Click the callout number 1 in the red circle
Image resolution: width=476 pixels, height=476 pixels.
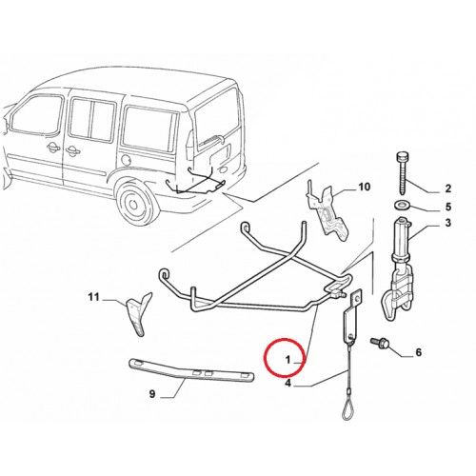coord(288,360)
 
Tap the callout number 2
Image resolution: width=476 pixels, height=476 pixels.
coord(447,188)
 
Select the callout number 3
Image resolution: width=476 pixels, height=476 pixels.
coord(447,223)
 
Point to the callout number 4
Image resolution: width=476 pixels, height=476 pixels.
coord(288,384)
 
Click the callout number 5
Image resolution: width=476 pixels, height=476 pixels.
coord(447,207)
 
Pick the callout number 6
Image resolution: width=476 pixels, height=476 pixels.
coord(419,352)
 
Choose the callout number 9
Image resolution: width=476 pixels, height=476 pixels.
coord(152,394)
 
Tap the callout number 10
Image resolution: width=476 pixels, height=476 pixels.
coord(365,187)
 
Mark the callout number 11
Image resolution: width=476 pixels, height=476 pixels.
coord(93,297)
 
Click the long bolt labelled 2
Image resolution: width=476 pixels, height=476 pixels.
coord(403,173)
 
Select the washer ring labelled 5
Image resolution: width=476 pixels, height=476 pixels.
coord(403,205)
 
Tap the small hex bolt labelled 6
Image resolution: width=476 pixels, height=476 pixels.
coord(380,343)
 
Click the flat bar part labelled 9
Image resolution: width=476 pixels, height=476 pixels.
coord(191,369)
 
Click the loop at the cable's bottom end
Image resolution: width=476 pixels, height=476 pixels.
coord(348,410)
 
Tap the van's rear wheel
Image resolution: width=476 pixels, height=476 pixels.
coord(137,200)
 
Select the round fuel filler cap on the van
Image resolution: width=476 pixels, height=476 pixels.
coord(126,159)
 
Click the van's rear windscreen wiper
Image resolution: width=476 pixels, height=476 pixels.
coord(210,140)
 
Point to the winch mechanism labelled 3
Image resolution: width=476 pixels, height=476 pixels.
coord(398,268)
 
